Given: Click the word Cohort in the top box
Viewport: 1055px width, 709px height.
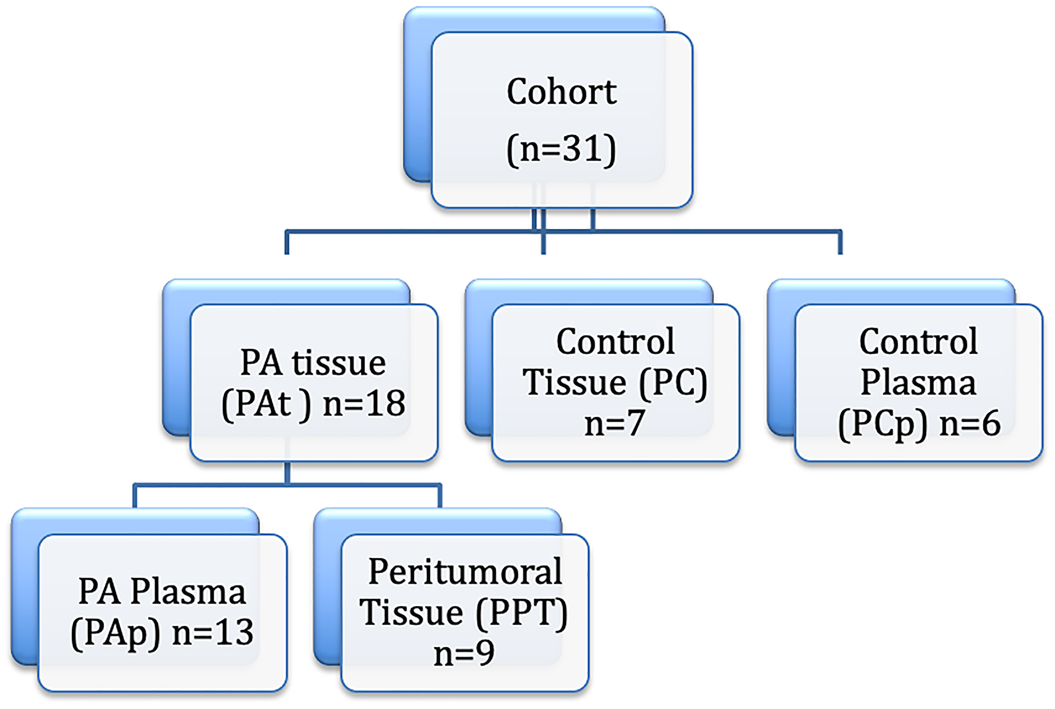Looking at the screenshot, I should tap(561, 92).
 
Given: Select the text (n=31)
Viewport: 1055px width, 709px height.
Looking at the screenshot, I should tap(561, 149).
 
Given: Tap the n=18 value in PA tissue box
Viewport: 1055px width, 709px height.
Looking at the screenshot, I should tap(364, 404).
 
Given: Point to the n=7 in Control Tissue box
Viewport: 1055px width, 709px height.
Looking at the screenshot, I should tap(615, 423).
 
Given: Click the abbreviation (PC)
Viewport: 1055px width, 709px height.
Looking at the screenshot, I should tap(673, 383).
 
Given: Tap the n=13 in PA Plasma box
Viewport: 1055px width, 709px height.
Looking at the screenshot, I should tap(213, 632).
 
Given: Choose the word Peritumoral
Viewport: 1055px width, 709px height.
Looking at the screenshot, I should tap(465, 572).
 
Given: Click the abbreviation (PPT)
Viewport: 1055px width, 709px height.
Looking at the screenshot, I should tap(521, 613).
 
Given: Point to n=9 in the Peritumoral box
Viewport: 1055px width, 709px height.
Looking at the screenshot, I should tap(464, 653).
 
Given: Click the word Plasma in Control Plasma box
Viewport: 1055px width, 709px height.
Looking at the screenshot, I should tap(918, 383).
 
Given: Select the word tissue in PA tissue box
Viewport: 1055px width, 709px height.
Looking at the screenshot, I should tap(339, 363).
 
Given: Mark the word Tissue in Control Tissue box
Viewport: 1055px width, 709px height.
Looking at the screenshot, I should tap(575, 383).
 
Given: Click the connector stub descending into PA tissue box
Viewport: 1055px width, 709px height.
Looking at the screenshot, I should tap(287, 243).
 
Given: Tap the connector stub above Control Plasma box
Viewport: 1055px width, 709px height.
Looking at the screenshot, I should tap(840, 243).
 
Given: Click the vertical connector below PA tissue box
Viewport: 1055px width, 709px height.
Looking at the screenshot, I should tap(287, 472).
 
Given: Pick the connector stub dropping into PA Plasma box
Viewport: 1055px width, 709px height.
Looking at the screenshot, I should tap(135, 496).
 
